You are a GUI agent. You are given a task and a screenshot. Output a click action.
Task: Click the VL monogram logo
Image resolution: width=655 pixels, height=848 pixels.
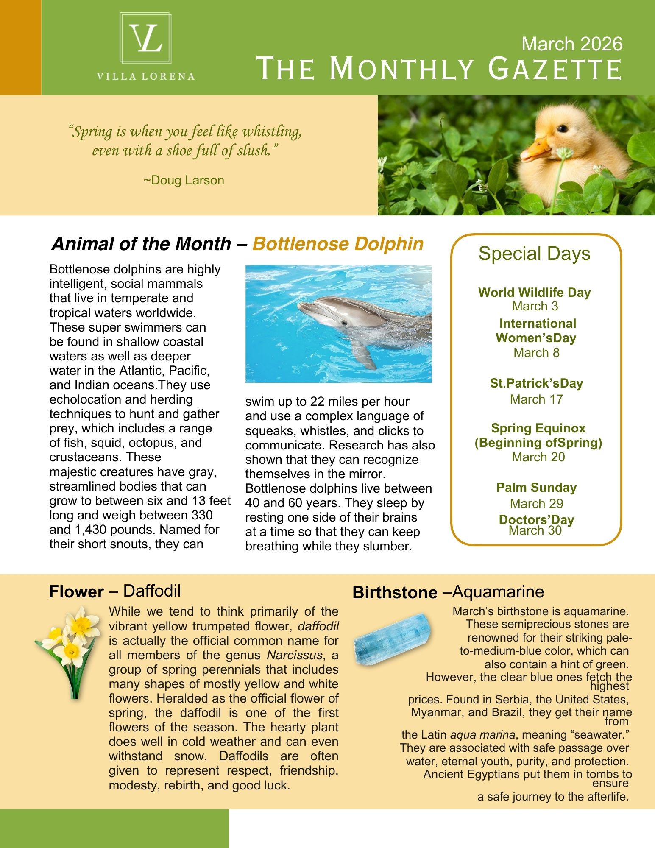pyautogui.click(x=145, y=39)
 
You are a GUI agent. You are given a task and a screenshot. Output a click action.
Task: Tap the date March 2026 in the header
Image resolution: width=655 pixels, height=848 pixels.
pyautogui.click(x=571, y=44)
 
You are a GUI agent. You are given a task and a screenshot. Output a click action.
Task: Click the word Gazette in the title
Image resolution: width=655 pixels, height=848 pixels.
pyautogui.click(x=555, y=69)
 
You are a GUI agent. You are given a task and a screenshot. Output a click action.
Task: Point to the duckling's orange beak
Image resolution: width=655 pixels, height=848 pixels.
pyautogui.click(x=535, y=150)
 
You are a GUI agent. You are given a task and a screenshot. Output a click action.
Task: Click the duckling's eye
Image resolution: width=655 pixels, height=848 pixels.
pyautogui.click(x=562, y=128)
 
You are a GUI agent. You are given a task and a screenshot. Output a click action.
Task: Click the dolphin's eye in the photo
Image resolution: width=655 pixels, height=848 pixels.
pyautogui.click(x=344, y=323)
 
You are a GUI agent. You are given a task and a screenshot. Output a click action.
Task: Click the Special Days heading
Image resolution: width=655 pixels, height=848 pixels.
pyautogui.click(x=534, y=254)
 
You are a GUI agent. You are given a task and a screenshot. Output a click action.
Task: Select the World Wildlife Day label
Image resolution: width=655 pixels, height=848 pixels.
pyautogui.click(x=534, y=292)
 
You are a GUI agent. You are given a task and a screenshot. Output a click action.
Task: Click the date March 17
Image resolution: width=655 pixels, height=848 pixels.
pyautogui.click(x=536, y=399)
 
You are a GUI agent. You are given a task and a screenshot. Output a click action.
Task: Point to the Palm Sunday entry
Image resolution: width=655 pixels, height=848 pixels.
pyautogui.click(x=536, y=488)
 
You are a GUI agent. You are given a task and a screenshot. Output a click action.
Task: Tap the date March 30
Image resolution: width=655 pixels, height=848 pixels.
pyautogui.click(x=535, y=531)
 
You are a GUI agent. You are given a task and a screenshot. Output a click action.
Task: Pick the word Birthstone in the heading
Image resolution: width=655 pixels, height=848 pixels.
pyautogui.click(x=394, y=592)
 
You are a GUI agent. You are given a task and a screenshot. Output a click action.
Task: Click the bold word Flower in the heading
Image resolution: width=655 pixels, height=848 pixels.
pyautogui.click(x=76, y=591)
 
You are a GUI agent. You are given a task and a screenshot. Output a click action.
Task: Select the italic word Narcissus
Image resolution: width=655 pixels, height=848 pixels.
pyautogui.click(x=294, y=655)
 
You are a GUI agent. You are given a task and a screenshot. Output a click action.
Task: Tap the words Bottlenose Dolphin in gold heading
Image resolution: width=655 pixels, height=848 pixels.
pyautogui.click(x=338, y=244)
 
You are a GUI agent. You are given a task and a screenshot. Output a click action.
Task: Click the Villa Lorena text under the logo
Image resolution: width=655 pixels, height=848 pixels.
pyautogui.click(x=145, y=77)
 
